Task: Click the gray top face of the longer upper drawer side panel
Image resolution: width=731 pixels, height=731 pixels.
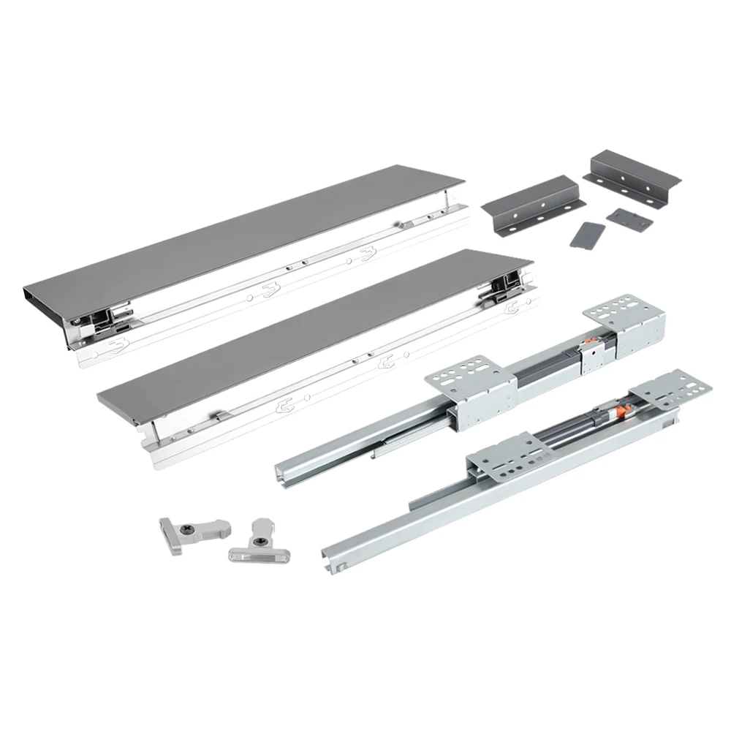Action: tap(241, 234)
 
